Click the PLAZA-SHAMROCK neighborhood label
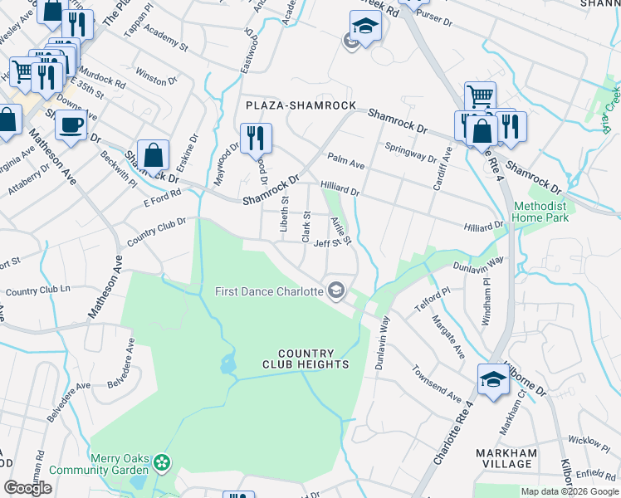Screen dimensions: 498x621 (x=301, y=106)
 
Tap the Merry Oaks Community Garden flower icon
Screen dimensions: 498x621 (x=162, y=461)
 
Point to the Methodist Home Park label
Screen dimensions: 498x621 (x=540, y=212)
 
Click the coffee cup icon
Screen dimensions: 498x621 (x=71, y=124)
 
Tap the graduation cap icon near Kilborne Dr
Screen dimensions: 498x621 (x=493, y=379)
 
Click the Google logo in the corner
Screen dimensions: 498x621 (x=28, y=488)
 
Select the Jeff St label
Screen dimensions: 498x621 (x=323, y=243)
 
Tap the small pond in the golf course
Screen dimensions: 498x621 (x=227, y=364)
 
